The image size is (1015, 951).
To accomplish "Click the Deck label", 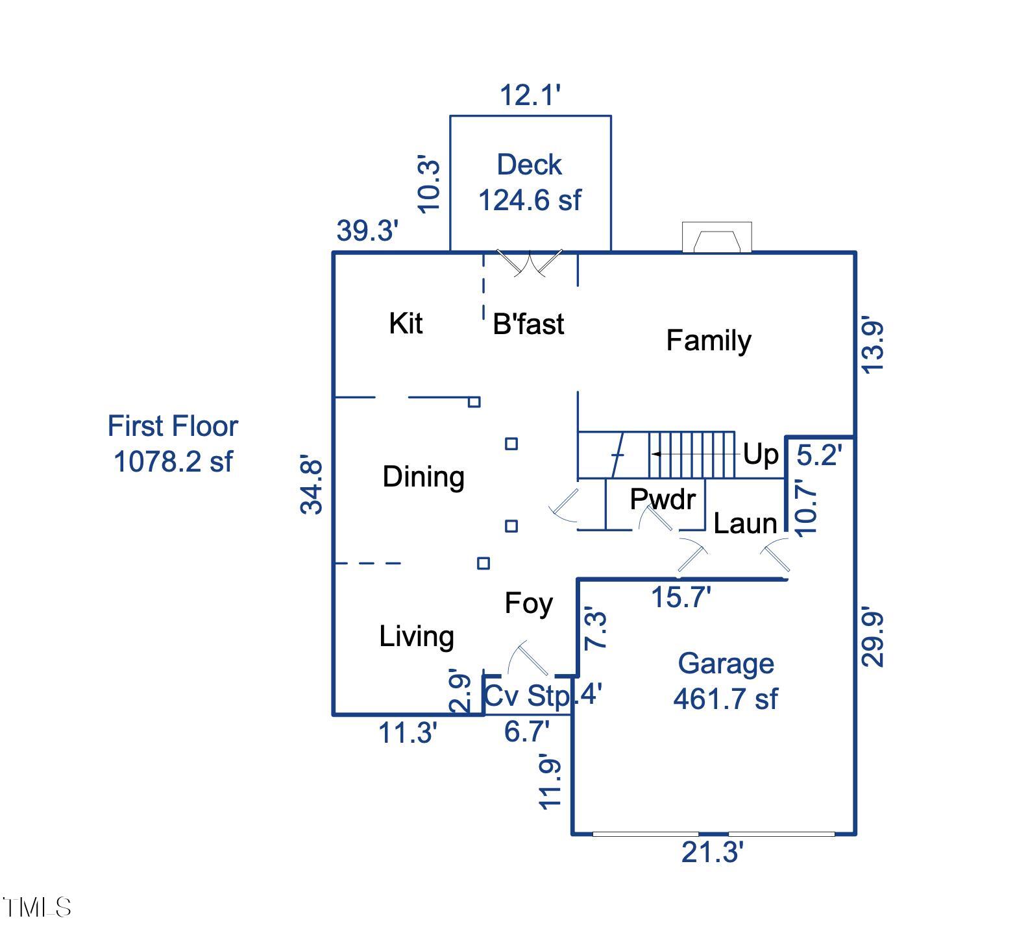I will pyautogui.click(x=529, y=165).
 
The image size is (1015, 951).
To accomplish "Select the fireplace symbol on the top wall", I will pyautogui.click(x=716, y=237).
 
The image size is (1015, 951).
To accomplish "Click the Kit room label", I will pyautogui.click(x=406, y=323).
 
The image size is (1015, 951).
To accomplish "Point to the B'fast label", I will pyautogui.click(x=528, y=324).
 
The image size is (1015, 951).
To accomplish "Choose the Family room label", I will pyautogui.click(x=709, y=341).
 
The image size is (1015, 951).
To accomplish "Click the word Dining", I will pyautogui.click(x=423, y=477).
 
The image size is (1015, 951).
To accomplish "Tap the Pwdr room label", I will pyautogui.click(x=663, y=499).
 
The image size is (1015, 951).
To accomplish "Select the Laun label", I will pyautogui.click(x=745, y=524).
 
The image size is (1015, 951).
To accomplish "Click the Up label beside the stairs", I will pyautogui.click(x=760, y=454).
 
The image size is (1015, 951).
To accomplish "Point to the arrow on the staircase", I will pyautogui.click(x=657, y=454).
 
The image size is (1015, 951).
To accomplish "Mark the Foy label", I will pyautogui.click(x=528, y=604).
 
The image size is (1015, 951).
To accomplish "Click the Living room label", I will pyautogui.click(x=417, y=636).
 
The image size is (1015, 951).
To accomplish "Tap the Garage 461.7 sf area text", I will pyautogui.click(x=726, y=681).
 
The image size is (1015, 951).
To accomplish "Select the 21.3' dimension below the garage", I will pyautogui.click(x=712, y=852).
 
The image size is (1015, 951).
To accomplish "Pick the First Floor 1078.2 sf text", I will pyautogui.click(x=173, y=444).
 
